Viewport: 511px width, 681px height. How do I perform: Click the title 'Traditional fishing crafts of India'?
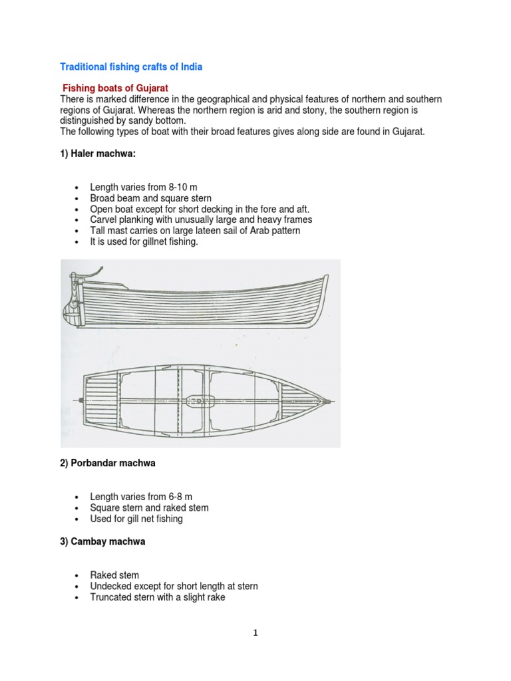click(x=131, y=67)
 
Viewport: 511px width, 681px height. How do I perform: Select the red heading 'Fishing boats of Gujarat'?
click(x=115, y=88)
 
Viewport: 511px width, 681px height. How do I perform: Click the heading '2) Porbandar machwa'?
click(x=108, y=463)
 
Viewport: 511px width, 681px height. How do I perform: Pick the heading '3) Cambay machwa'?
click(x=102, y=541)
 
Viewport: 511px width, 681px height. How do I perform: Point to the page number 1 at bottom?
click(x=255, y=632)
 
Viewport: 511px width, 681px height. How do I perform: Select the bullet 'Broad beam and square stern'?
click(x=151, y=198)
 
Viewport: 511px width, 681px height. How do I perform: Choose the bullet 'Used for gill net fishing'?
click(x=136, y=518)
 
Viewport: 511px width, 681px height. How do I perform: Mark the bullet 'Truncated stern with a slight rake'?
click(x=158, y=597)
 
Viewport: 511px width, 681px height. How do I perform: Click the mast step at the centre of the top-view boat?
click(x=200, y=400)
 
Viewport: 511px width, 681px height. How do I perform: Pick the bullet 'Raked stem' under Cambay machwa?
click(x=114, y=575)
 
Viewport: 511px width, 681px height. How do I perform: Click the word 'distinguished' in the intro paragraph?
click(x=89, y=121)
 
